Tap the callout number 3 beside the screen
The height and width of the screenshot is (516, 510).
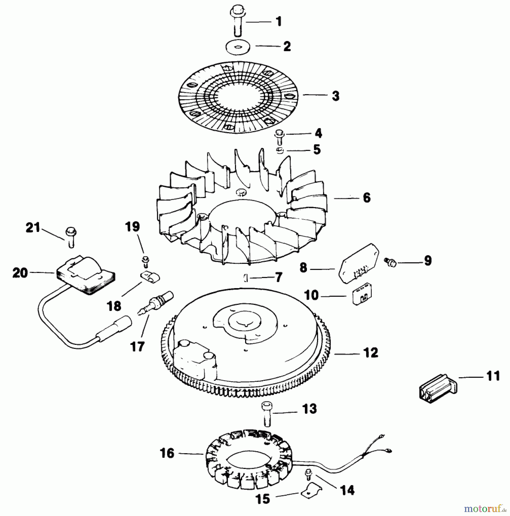[x=335, y=96]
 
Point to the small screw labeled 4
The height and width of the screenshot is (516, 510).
[x=279, y=137]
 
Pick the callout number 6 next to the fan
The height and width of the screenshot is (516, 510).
[x=366, y=198]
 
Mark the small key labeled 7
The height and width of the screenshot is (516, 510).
[x=246, y=278]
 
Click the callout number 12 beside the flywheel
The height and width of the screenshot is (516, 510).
[x=371, y=353]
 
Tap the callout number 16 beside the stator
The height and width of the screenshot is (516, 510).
[x=168, y=453]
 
